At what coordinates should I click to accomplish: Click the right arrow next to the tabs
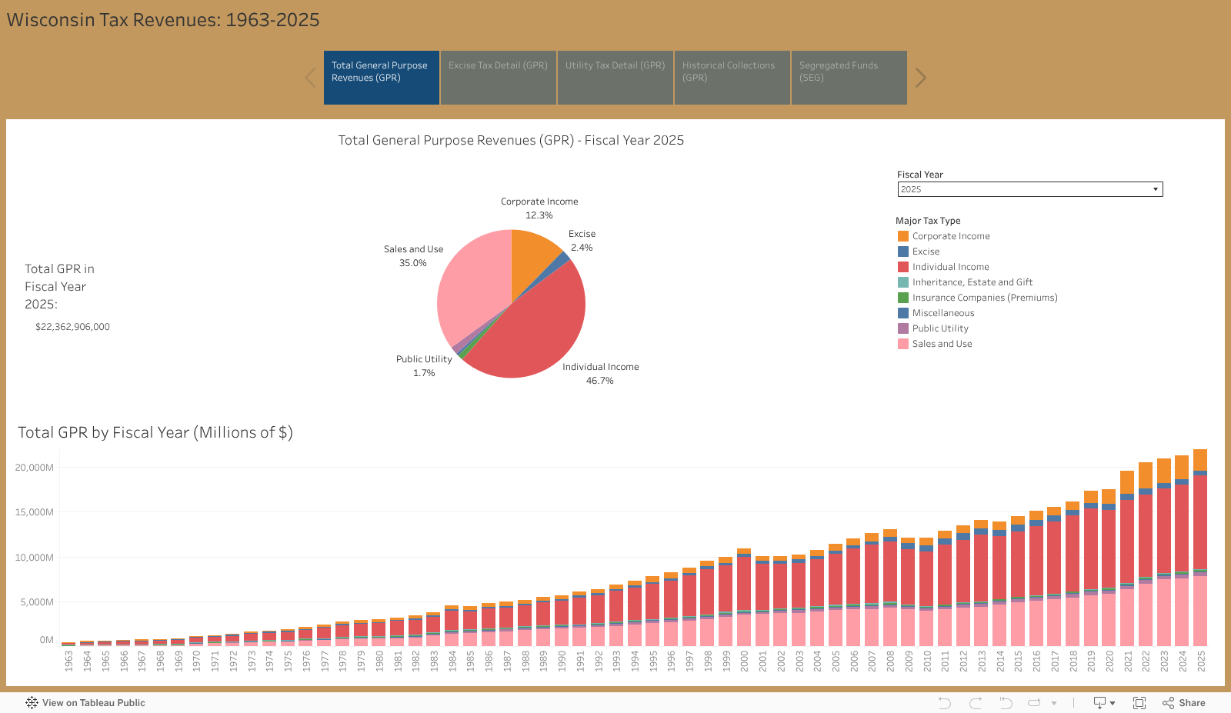pyautogui.click(x=920, y=78)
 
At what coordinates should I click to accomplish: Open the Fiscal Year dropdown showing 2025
pyautogui.click(x=1029, y=189)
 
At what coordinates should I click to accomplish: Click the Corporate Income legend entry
pyautogui.click(x=950, y=236)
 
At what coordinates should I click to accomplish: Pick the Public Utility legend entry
pyautogui.click(x=939, y=328)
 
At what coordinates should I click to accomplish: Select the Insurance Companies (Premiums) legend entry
pyautogui.click(x=984, y=298)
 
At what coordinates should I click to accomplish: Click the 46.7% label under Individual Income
pyautogui.click(x=599, y=381)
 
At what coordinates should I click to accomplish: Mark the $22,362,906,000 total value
pyautogui.click(x=72, y=327)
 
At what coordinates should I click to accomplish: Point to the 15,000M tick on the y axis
pyautogui.click(x=35, y=512)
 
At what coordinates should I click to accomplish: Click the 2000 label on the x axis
pyautogui.click(x=744, y=661)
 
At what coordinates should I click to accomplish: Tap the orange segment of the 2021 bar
pyautogui.click(x=1127, y=482)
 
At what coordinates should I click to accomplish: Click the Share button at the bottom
pyautogui.click(x=1184, y=703)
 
